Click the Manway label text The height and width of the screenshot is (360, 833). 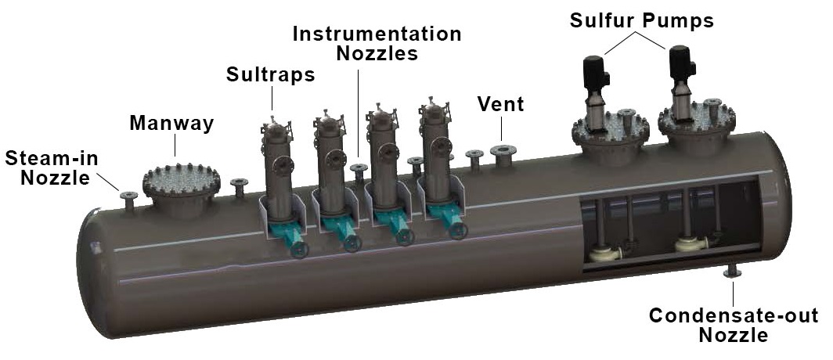173,123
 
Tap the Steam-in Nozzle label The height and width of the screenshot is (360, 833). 52,168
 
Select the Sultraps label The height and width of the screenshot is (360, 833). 270,75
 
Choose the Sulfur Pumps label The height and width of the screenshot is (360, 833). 641,21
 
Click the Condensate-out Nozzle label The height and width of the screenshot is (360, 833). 734,326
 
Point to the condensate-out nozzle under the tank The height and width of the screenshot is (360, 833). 734,271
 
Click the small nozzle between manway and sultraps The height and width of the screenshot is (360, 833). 239,186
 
